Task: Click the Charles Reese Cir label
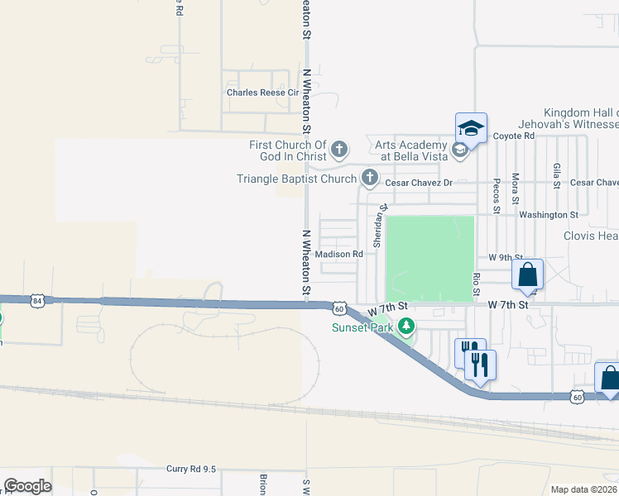point(262,93)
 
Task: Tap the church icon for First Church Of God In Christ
point(338,150)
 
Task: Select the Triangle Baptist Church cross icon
point(369,178)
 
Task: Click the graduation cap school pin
point(471,128)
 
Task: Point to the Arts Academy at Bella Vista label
point(411,150)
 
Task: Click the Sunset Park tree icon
point(405,327)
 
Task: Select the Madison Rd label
point(339,255)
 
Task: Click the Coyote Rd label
point(514,136)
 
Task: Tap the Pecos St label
point(496,196)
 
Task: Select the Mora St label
point(515,188)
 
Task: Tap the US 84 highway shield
point(37,301)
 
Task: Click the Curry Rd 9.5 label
point(190,469)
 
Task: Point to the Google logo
point(27,485)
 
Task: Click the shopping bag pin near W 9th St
point(527,275)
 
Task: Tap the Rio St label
point(477,284)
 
